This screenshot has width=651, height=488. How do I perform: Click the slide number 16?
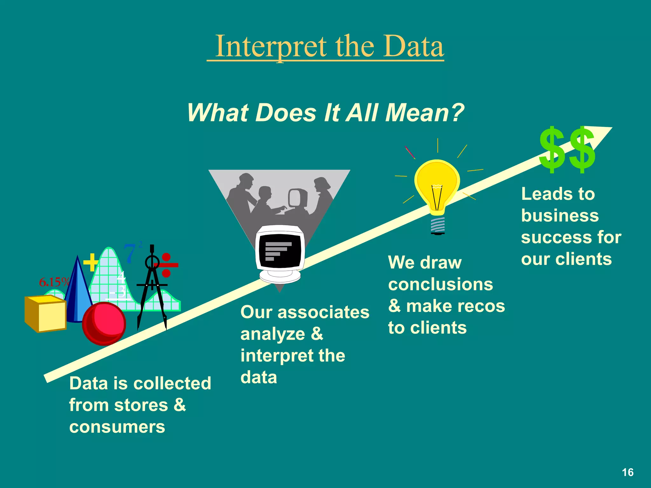[x=627, y=472]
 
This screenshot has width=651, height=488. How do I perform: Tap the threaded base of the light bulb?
[x=438, y=225]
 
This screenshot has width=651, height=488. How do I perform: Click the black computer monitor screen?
[x=280, y=251]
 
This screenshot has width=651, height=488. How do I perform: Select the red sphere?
[x=104, y=323]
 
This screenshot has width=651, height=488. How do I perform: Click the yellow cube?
[x=46, y=314]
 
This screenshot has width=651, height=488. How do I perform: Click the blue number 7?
[x=130, y=254]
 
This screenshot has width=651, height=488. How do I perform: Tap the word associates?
[x=323, y=312]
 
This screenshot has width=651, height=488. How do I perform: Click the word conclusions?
[x=440, y=284]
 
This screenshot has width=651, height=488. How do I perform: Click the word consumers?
[x=117, y=427]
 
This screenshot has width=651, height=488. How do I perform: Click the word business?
[x=560, y=216]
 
